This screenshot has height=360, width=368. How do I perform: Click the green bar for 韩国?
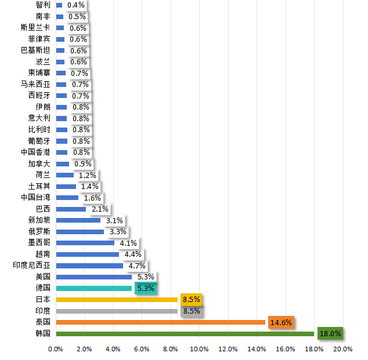tap(185, 333)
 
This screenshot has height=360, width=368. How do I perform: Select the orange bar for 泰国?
tap(160, 322)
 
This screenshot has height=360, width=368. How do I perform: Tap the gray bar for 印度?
tap(117, 311)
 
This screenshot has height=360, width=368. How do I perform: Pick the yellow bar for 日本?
tap(117, 300)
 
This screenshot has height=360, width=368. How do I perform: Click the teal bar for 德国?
tap(94, 288)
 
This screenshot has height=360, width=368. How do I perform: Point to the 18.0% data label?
tap(329, 334)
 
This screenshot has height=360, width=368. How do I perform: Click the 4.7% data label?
tap(137, 266)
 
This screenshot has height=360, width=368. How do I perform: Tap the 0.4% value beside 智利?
tap(75, 5)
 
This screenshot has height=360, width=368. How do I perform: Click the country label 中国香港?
tap(35, 152)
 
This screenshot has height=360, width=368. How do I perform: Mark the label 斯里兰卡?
tap(35, 28)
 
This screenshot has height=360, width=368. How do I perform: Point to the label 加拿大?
tap(39, 163)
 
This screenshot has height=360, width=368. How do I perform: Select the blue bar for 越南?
tap(88, 254)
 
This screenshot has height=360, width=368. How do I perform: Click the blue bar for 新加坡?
tap(78, 220)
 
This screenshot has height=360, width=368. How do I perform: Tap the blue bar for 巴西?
tap(71, 209)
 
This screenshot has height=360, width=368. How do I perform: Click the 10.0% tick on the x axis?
tap(199, 349)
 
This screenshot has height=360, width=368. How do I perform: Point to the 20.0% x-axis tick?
tap(343, 349)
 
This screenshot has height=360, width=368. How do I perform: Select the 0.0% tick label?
tap(56, 349)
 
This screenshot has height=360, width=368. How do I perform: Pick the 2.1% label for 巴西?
tap(100, 209)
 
